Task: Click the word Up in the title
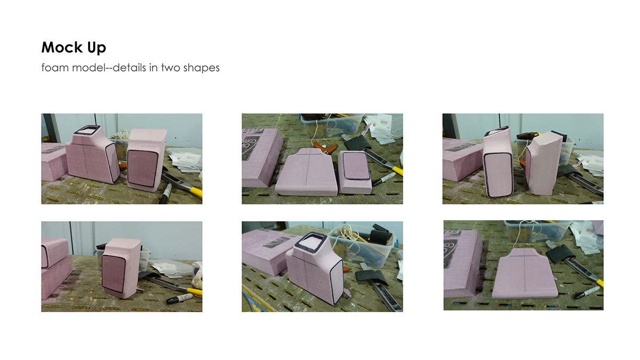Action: pyautogui.click(x=97, y=48)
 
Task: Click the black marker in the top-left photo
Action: pyautogui.click(x=165, y=194)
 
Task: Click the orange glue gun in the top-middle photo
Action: pyautogui.click(x=326, y=147)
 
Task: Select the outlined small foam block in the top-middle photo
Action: pyautogui.click(x=355, y=172)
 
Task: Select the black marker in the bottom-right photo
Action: pyautogui.click(x=587, y=293)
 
